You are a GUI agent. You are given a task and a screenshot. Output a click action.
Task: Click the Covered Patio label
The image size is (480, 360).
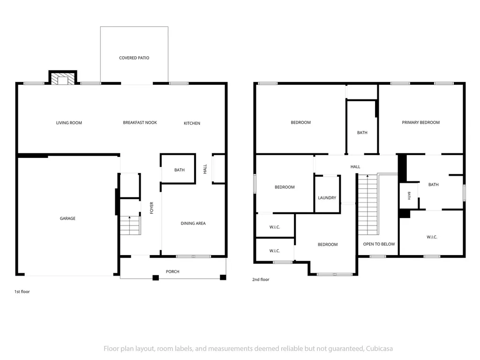click(x=134, y=58)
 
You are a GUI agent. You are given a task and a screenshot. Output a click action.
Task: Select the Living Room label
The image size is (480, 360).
click(x=69, y=123)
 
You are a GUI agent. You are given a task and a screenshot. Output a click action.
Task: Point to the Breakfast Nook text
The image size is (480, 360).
click(x=140, y=122)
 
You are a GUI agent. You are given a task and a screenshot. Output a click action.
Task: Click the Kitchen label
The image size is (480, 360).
click(x=192, y=123)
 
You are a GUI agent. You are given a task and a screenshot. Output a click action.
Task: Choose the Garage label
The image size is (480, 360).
click(x=67, y=218)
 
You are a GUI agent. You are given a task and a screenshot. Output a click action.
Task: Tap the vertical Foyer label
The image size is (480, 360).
click(x=151, y=208)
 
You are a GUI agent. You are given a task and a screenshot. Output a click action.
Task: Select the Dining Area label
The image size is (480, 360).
click(x=193, y=223)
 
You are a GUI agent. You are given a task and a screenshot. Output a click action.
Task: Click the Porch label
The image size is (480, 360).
click(x=172, y=271)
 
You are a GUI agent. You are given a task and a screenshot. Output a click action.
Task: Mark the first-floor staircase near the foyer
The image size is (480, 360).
click(x=130, y=225)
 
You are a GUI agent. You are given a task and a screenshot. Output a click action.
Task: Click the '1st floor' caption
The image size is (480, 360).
click(x=22, y=292)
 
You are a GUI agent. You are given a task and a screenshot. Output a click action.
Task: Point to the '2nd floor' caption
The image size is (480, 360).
click(x=261, y=279)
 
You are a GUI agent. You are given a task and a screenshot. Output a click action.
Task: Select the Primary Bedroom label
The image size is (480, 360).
click(x=420, y=122)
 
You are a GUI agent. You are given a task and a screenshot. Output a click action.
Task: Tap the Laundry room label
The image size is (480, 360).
click(x=327, y=198)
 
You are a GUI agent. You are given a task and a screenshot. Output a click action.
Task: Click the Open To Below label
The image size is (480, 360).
click(x=379, y=244)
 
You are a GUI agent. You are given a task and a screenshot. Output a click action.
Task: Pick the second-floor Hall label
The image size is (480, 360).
click(x=355, y=166)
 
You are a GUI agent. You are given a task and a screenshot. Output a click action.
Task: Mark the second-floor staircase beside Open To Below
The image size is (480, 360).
click(x=367, y=204)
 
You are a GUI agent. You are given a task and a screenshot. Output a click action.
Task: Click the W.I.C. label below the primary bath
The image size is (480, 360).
click(x=432, y=237)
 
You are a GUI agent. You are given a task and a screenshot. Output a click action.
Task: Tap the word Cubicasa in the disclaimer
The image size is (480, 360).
click(x=379, y=348)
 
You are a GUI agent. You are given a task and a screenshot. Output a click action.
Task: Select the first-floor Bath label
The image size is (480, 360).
click(x=180, y=170)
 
